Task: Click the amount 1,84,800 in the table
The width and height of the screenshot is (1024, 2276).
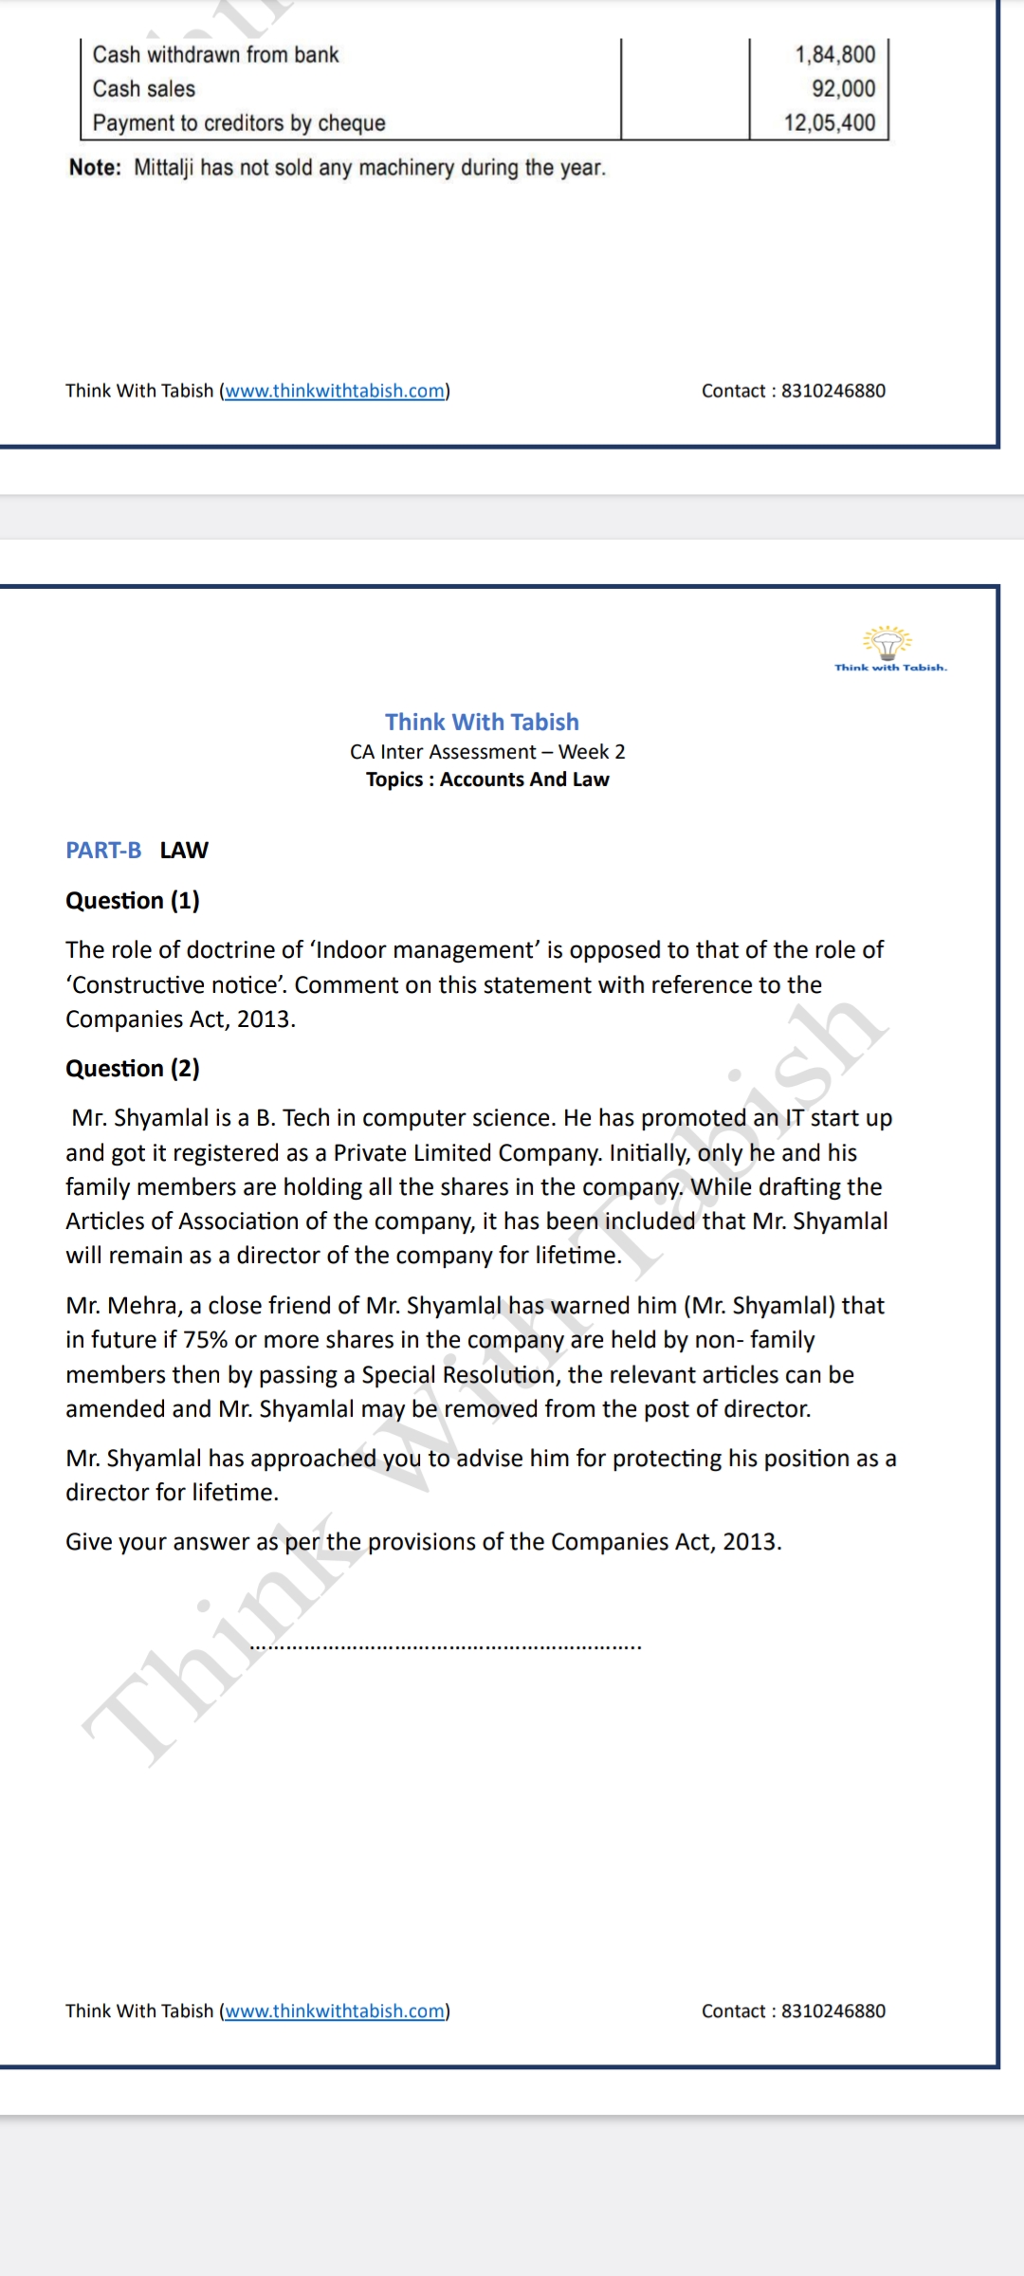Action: pos(834,55)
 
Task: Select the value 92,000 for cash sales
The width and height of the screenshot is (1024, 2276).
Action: pos(843,89)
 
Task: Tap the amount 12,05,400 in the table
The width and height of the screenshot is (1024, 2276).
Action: pos(830,123)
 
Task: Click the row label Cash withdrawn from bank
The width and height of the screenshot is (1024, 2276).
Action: pos(215,55)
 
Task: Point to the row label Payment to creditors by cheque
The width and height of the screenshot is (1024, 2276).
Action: pos(239,123)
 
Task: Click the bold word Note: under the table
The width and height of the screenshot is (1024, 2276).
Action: pos(95,168)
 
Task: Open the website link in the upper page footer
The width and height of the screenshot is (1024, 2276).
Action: pos(335,391)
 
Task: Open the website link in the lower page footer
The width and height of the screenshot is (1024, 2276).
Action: pos(335,2011)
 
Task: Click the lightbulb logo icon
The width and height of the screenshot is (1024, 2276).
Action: pos(887,643)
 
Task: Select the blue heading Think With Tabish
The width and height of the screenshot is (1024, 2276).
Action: pos(482,723)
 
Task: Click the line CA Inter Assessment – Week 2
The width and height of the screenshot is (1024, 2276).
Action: pos(487,752)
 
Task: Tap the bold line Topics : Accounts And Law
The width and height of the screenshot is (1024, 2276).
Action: pos(487,780)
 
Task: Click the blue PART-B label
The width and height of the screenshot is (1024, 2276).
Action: pos(103,851)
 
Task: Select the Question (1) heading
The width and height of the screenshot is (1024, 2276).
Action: pos(133,901)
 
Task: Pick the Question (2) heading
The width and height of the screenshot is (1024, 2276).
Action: pos(133,1069)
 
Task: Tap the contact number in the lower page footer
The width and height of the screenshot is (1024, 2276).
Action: pos(833,2011)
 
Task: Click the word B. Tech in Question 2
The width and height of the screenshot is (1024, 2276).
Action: pos(290,1118)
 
